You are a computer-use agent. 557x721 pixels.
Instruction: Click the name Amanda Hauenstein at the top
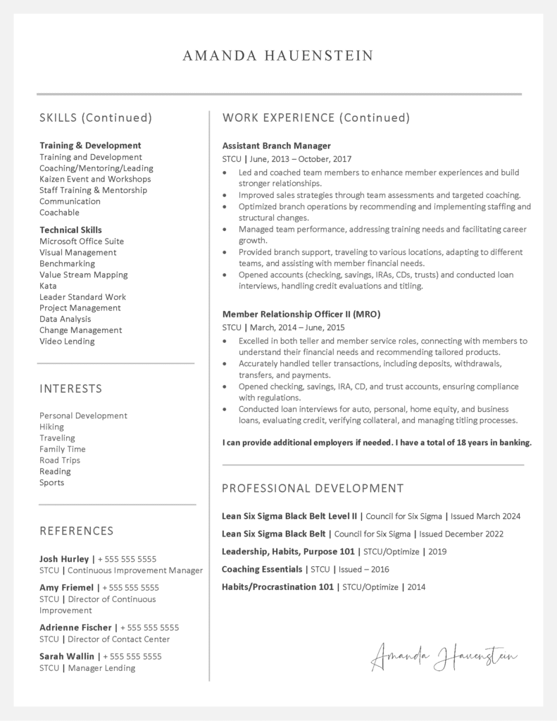(278, 56)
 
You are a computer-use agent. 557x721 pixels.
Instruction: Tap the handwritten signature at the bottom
(444, 657)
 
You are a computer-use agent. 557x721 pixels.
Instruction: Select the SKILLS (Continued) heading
(96, 118)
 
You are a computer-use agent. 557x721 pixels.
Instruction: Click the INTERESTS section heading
(70, 389)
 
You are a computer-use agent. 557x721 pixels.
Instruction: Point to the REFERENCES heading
(76, 531)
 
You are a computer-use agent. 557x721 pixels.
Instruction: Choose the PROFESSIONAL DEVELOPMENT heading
(313, 489)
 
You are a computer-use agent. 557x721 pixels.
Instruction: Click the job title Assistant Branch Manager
(276, 146)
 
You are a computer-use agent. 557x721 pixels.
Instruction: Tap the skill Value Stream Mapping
(84, 275)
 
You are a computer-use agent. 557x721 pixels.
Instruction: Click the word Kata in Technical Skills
(48, 286)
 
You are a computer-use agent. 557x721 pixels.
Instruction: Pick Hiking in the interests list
(51, 427)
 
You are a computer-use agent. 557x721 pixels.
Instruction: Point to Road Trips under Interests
(60, 460)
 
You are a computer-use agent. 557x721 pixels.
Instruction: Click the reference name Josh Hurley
(64, 559)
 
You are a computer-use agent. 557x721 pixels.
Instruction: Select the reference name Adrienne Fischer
(75, 627)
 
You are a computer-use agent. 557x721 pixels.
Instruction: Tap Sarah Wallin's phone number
(132, 656)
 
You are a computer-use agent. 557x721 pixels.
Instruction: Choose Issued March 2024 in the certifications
(486, 516)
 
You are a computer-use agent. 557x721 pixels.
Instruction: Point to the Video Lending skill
(67, 341)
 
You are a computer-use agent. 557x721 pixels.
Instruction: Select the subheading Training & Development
(90, 146)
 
